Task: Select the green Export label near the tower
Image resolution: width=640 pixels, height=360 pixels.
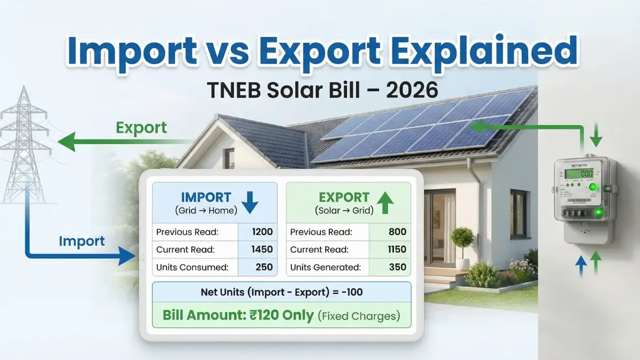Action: point(141,128)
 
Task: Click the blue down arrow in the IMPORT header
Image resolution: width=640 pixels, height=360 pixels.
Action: point(250,203)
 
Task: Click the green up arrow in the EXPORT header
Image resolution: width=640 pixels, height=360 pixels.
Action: point(385,203)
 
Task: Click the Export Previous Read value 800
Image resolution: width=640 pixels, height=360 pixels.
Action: point(397,231)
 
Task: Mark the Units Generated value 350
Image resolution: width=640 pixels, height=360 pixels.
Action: point(397,267)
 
